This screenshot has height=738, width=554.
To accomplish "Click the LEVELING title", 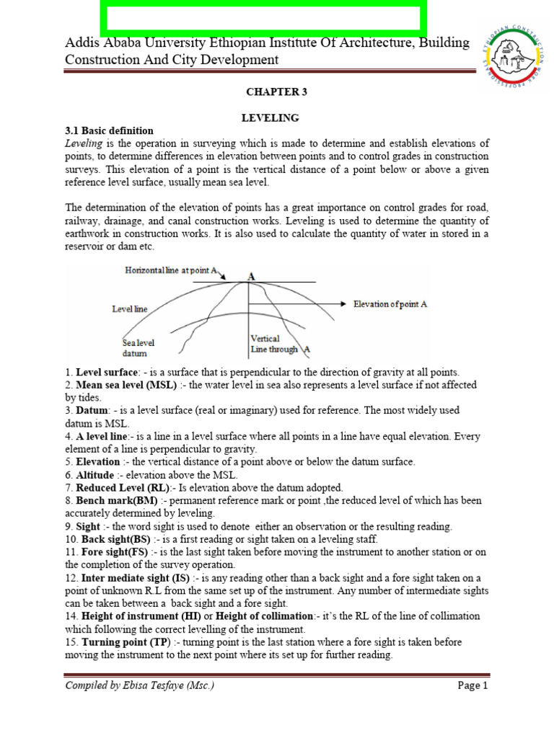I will pos(270,117).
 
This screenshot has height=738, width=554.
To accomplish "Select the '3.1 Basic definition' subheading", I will pos(109,130).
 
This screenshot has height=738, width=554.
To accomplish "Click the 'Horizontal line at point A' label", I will pos(172,270).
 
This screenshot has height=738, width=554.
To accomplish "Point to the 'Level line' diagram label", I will pos(130,308).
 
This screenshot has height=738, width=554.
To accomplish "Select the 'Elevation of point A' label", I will pos(390,304).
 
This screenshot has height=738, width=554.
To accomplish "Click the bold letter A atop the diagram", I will pos(251,275).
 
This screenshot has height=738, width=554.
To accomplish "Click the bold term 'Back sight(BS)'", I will pos(114,539).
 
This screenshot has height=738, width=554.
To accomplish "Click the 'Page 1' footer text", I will pos(473,685).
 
